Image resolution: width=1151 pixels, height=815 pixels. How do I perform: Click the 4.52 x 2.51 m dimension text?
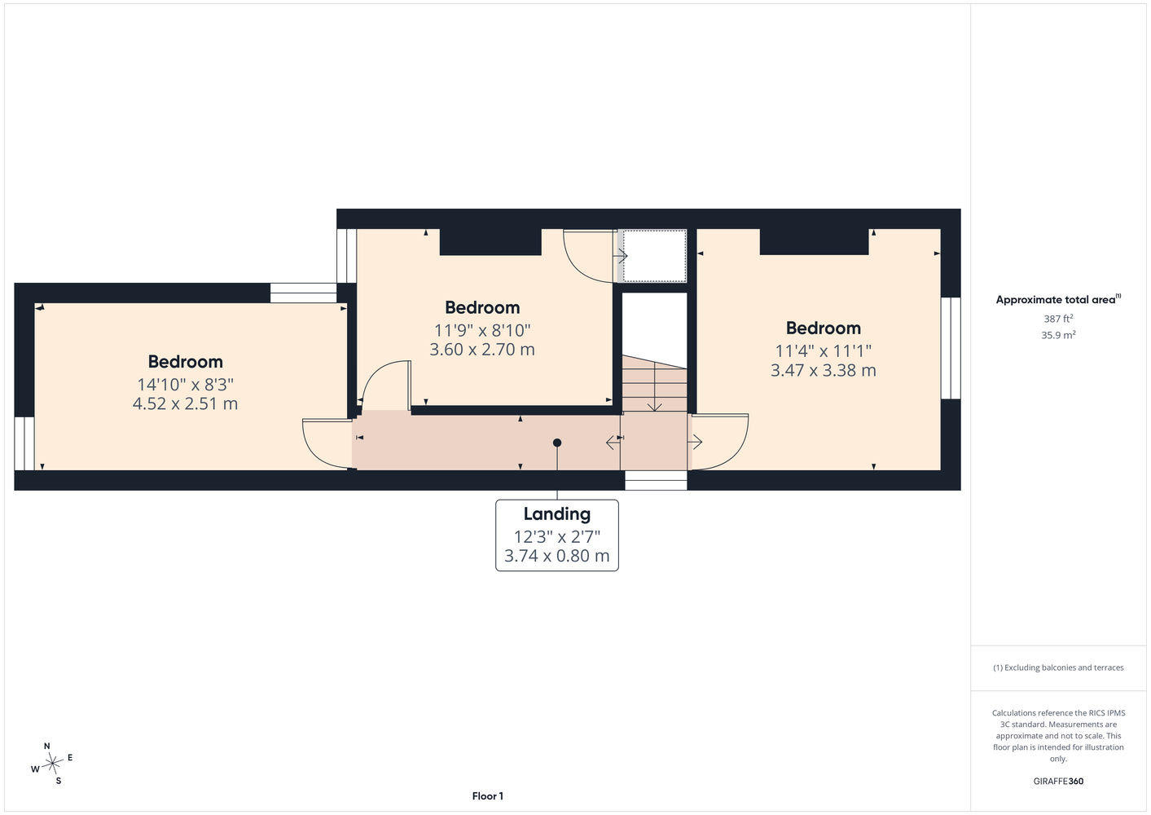pyautogui.click(x=185, y=403)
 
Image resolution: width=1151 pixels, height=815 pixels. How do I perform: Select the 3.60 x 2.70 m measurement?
pyautogui.click(x=482, y=350)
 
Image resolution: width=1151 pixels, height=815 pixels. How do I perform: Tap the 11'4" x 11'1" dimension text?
pyautogui.click(x=824, y=351)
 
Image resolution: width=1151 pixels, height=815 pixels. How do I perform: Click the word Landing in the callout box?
pyautogui.click(x=557, y=513)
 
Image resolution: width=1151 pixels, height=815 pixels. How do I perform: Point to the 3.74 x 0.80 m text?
pyautogui.click(x=557, y=556)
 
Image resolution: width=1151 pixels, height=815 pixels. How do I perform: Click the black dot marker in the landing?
pyautogui.click(x=557, y=443)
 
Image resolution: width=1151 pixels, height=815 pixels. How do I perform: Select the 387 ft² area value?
pyautogui.click(x=1058, y=319)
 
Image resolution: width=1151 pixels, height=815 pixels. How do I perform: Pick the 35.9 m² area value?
pyautogui.click(x=1058, y=335)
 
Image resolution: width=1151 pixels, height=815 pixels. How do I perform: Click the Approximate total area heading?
pyautogui.click(x=1058, y=299)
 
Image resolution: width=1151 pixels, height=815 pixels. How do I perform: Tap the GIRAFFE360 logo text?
pyautogui.click(x=1058, y=781)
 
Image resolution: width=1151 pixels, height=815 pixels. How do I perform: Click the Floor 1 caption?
pyautogui.click(x=488, y=796)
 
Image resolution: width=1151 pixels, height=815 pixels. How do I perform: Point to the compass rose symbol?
pyautogui.click(x=52, y=764)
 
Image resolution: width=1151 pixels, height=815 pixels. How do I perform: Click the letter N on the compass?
pyautogui.click(x=47, y=746)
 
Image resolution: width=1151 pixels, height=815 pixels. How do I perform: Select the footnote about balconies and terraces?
pyautogui.click(x=1058, y=667)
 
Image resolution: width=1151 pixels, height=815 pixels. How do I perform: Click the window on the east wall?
pyautogui.click(x=951, y=348)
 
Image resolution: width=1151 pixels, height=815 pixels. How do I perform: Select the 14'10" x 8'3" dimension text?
pyautogui.click(x=185, y=385)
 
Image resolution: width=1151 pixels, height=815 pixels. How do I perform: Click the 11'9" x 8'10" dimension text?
pyautogui.click(x=482, y=330)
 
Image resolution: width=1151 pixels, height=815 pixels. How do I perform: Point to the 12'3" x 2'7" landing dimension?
pyautogui.click(x=557, y=537)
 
